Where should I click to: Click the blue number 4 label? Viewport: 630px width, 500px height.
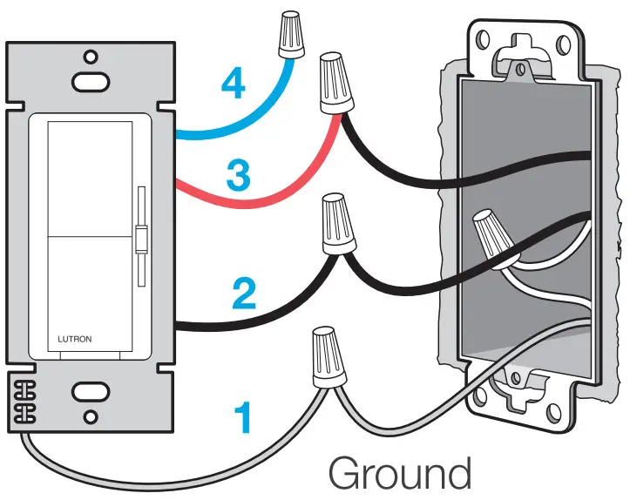[232, 84]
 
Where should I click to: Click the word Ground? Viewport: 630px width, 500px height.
[399, 474]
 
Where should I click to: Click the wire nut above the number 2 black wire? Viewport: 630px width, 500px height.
[337, 222]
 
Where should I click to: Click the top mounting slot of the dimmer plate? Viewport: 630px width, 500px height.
[85, 81]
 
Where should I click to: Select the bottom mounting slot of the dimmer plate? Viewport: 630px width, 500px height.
[88, 391]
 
